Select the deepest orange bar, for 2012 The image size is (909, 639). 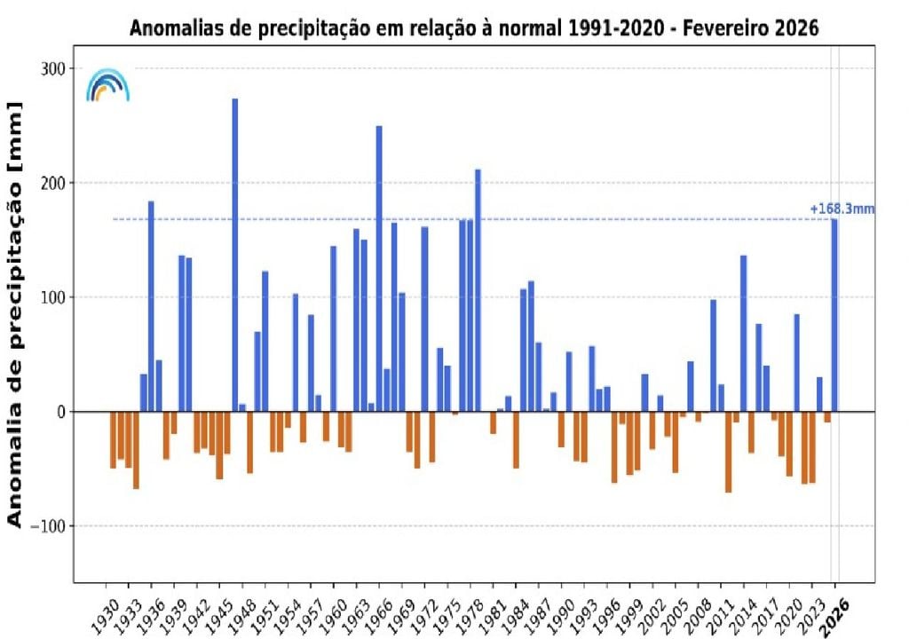(x=728, y=452)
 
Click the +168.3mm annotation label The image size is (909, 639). (x=842, y=209)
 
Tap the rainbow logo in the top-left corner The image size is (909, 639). (x=107, y=85)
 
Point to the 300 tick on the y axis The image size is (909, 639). (x=54, y=69)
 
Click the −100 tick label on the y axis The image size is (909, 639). (x=48, y=526)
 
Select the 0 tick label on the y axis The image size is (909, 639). (x=59, y=412)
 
